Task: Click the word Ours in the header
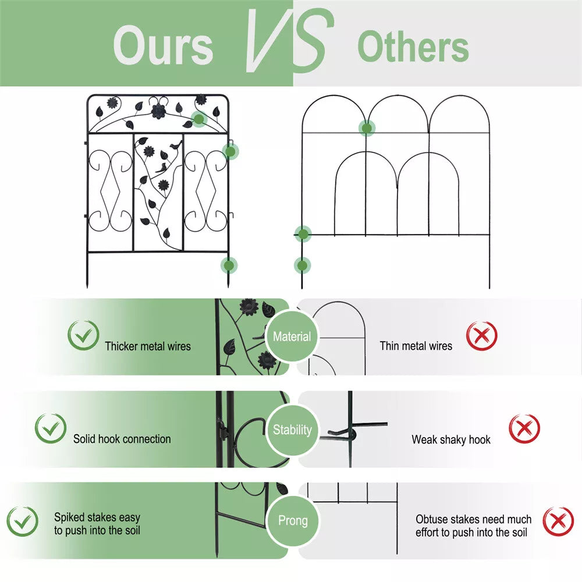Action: click(x=163, y=46)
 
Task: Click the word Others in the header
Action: click(x=413, y=47)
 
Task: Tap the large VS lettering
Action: click(x=289, y=40)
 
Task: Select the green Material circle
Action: click(x=292, y=336)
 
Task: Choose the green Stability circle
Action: click(x=292, y=430)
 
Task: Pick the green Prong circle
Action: click(x=293, y=520)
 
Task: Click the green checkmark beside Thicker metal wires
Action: click(x=83, y=335)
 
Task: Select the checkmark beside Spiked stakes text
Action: click(x=22, y=521)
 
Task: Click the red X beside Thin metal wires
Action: click(x=482, y=336)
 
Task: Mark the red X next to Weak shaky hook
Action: click(x=524, y=428)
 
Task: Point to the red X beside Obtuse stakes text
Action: click(x=558, y=521)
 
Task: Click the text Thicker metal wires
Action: click(x=148, y=346)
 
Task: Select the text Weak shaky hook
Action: click(x=451, y=439)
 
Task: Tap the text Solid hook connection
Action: click(x=122, y=439)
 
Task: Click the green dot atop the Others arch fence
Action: click(x=367, y=128)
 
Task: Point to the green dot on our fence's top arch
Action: click(x=199, y=119)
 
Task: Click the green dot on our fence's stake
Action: click(x=229, y=265)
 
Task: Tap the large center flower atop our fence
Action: click(x=158, y=111)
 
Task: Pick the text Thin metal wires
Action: click(x=416, y=346)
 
